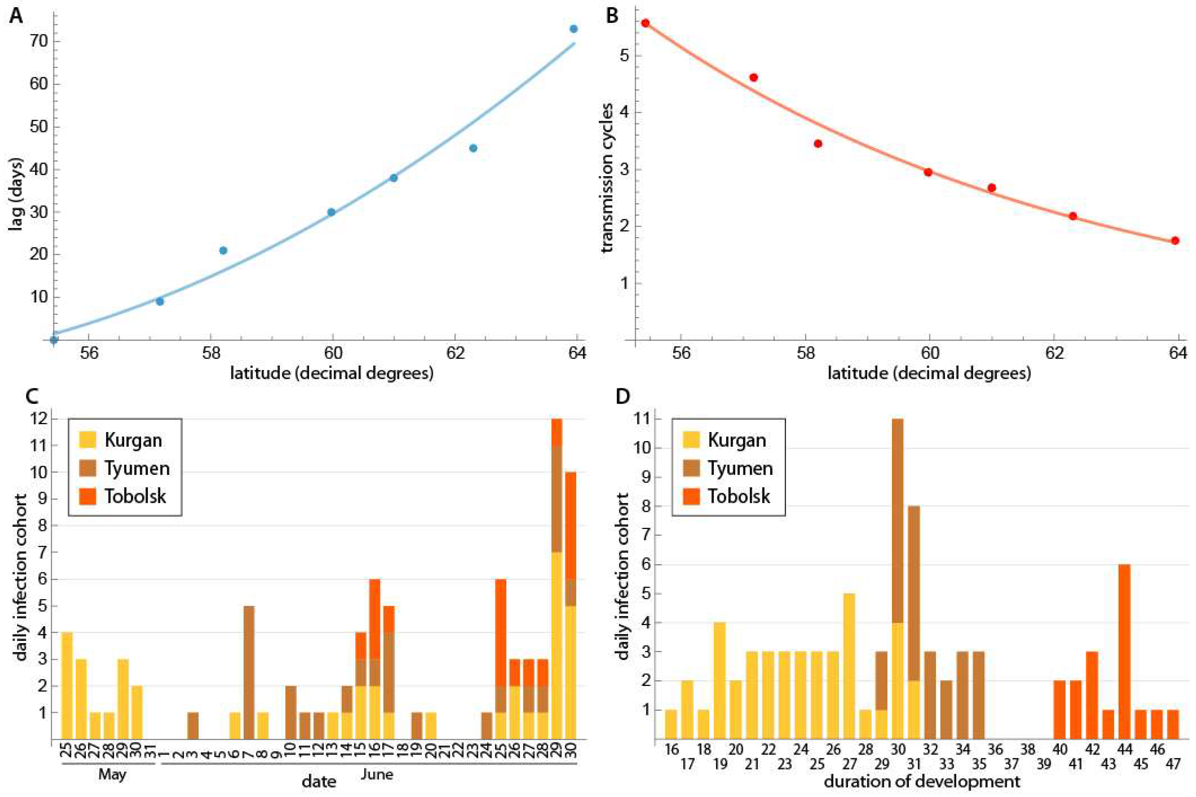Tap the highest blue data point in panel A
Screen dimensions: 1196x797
click(x=573, y=29)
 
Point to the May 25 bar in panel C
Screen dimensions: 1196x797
click(x=67, y=686)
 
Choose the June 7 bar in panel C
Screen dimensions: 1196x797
click(x=249, y=672)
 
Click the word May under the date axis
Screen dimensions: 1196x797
click(x=112, y=775)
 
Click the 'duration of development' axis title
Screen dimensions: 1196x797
click(x=921, y=781)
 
